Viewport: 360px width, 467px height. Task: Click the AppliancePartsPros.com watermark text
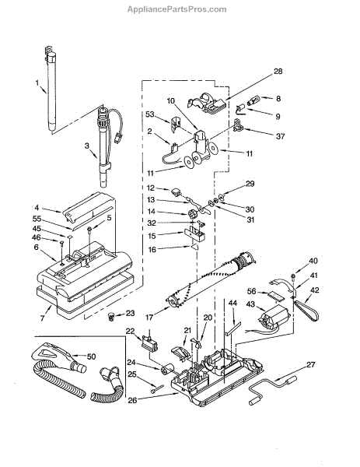177,9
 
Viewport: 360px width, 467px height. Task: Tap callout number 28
278,72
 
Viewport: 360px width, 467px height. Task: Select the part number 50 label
91,356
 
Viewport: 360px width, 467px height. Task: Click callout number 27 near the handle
311,364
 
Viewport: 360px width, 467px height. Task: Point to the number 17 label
149,318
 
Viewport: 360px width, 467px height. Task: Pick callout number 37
280,136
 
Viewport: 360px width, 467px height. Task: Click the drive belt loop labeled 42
306,310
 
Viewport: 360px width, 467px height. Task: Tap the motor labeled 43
274,318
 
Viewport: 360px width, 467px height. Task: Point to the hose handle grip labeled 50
60,357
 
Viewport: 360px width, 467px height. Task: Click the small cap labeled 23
111,316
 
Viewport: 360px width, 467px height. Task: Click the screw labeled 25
158,389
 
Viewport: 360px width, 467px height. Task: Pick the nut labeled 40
293,276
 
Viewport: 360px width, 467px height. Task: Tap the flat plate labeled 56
274,297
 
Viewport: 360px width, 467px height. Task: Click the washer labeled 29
222,196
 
